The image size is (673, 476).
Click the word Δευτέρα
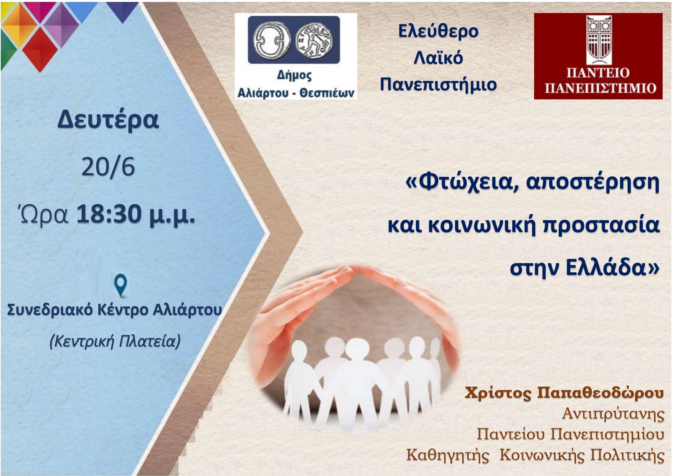pyautogui.click(x=108, y=120)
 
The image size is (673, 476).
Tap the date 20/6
pyautogui.click(x=108, y=167)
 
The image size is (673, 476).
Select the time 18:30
pyautogui.click(x=109, y=214)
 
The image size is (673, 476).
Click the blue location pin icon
pyautogui.click(x=121, y=286)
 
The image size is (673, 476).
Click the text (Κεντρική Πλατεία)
pyautogui.click(x=115, y=341)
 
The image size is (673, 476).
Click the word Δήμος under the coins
pyautogui.click(x=294, y=76)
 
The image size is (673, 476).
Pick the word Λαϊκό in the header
pyautogui.click(x=438, y=58)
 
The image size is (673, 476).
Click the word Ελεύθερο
pyautogui.click(x=438, y=31)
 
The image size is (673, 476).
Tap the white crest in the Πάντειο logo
pyautogui.click(x=597, y=41)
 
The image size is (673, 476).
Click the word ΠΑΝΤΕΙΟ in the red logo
pyautogui.click(x=598, y=73)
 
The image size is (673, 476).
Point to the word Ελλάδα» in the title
pyautogui.click(x=612, y=267)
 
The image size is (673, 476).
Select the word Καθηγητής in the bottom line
pyautogui.click(x=448, y=455)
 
